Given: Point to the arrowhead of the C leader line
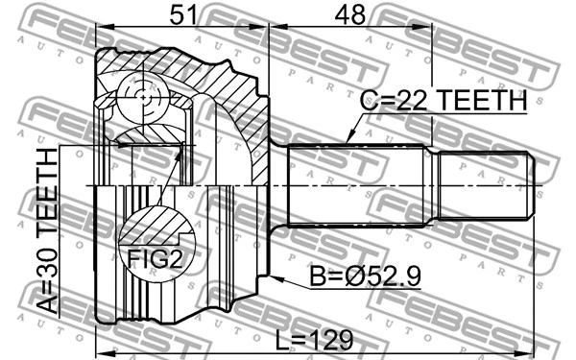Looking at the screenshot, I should [x=348, y=142].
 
